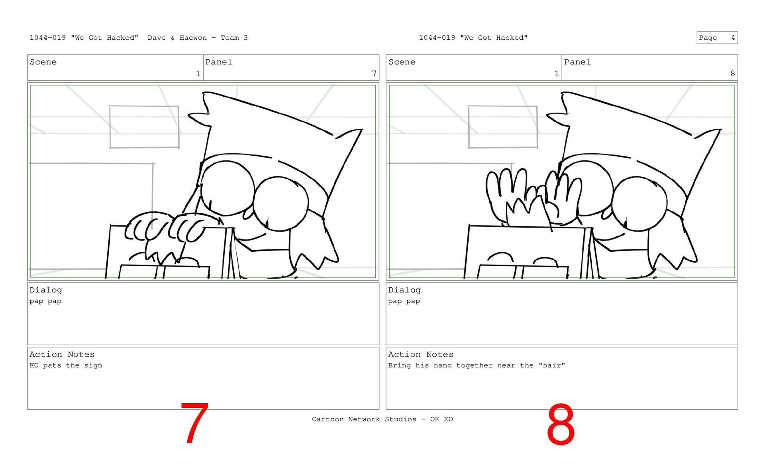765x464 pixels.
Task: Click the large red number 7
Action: tap(194, 423)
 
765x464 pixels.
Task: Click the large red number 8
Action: tap(561, 424)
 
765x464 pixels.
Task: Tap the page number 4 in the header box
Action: tap(733, 38)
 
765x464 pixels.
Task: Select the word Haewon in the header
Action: tap(193, 38)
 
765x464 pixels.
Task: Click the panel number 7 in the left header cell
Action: tap(374, 73)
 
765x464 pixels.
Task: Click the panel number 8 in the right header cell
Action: tap(732, 73)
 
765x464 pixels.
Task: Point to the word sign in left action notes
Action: tap(93, 365)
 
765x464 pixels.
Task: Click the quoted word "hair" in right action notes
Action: tap(552, 365)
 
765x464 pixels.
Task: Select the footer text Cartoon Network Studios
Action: tap(364, 419)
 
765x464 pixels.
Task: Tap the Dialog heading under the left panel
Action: tap(46, 290)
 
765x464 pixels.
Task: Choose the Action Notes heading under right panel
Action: tap(421, 354)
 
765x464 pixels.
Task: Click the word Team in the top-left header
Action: tap(230, 38)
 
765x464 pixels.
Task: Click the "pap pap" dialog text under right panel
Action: tap(404, 301)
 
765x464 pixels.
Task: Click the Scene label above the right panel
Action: tap(402, 62)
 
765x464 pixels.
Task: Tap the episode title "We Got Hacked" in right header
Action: tap(494, 38)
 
